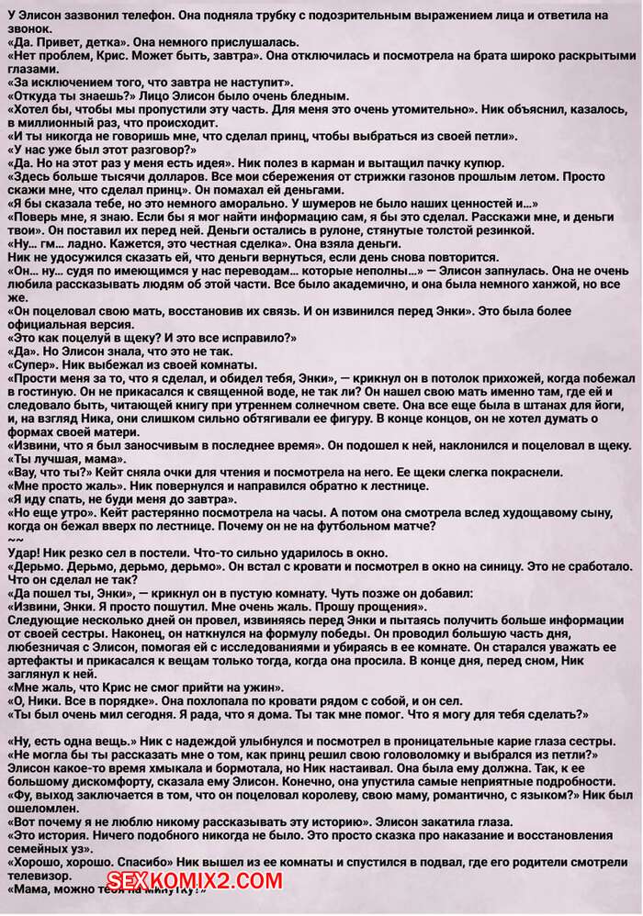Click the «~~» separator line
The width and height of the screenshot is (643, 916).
pos(13,541)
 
